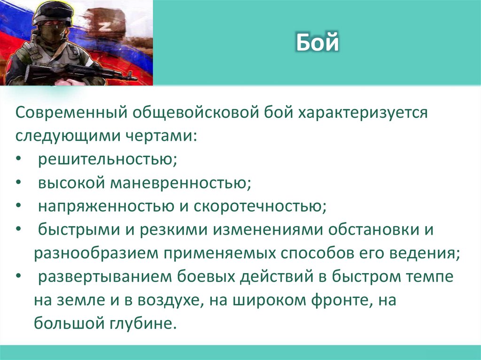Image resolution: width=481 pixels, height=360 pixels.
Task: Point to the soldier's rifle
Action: coord(80,72)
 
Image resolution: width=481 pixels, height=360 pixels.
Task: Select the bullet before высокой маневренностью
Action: coord(17,183)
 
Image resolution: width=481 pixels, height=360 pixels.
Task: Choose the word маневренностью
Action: coord(179,183)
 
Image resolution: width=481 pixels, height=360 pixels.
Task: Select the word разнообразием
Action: coord(96,253)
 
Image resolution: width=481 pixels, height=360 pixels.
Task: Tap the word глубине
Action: coord(144,323)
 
